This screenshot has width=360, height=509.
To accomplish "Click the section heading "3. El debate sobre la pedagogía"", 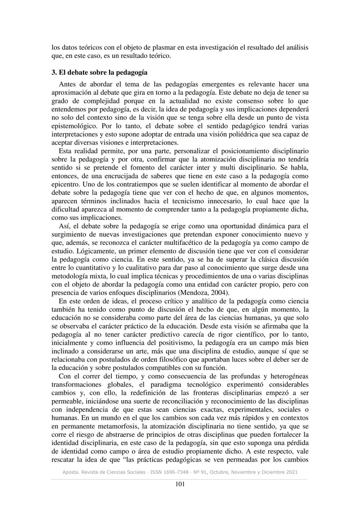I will coord(99,73).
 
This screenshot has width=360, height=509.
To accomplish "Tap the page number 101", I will coord(180,484).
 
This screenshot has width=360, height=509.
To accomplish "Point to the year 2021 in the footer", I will coord(291,472).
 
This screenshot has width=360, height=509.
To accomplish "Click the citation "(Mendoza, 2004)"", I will coord(203,293).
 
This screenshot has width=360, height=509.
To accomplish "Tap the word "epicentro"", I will coord(66,185).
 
